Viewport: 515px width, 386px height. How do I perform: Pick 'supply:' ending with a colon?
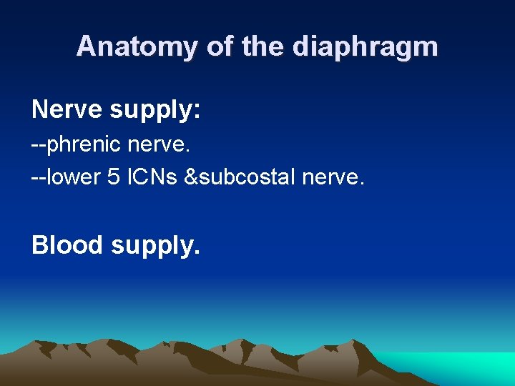[x=155, y=111]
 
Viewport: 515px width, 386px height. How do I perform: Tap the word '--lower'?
[x=67, y=177]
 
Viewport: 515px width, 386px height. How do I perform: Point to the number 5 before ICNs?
[x=113, y=177]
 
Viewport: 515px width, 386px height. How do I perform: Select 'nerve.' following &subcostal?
[x=333, y=177]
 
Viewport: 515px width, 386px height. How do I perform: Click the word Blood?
[x=67, y=244]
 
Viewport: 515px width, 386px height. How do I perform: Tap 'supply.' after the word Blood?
[x=155, y=246]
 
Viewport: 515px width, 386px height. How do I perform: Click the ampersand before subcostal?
[x=191, y=177]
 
